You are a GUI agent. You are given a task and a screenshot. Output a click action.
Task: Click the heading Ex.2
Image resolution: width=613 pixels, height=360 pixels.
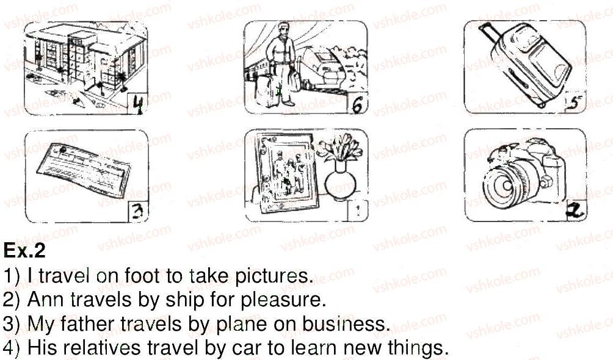[x=24, y=251]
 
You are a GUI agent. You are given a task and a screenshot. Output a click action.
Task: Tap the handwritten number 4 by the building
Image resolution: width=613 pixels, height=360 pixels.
[x=138, y=104]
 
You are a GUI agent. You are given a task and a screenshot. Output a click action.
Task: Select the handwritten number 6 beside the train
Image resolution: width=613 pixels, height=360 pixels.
[x=357, y=105]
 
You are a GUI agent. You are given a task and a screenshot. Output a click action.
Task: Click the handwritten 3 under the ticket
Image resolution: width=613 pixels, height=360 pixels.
[x=137, y=212]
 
